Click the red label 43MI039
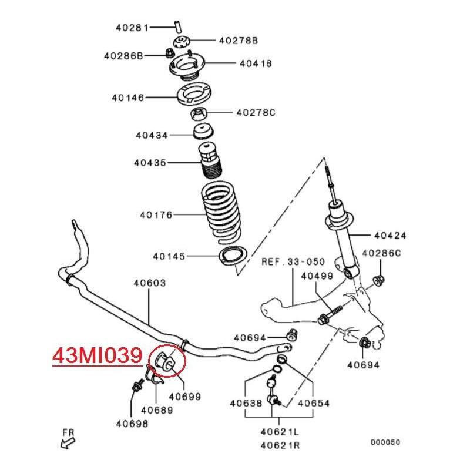click(x=98, y=356)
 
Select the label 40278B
click(x=239, y=41)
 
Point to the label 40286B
click(x=123, y=56)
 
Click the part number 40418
click(x=256, y=63)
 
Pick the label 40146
click(x=128, y=98)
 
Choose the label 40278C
click(x=256, y=112)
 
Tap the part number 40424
click(x=391, y=236)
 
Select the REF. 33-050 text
click(x=292, y=262)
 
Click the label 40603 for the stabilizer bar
click(x=149, y=283)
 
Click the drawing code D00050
click(x=385, y=442)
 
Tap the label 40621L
click(x=280, y=432)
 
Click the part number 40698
click(x=132, y=422)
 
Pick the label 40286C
click(x=381, y=253)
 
